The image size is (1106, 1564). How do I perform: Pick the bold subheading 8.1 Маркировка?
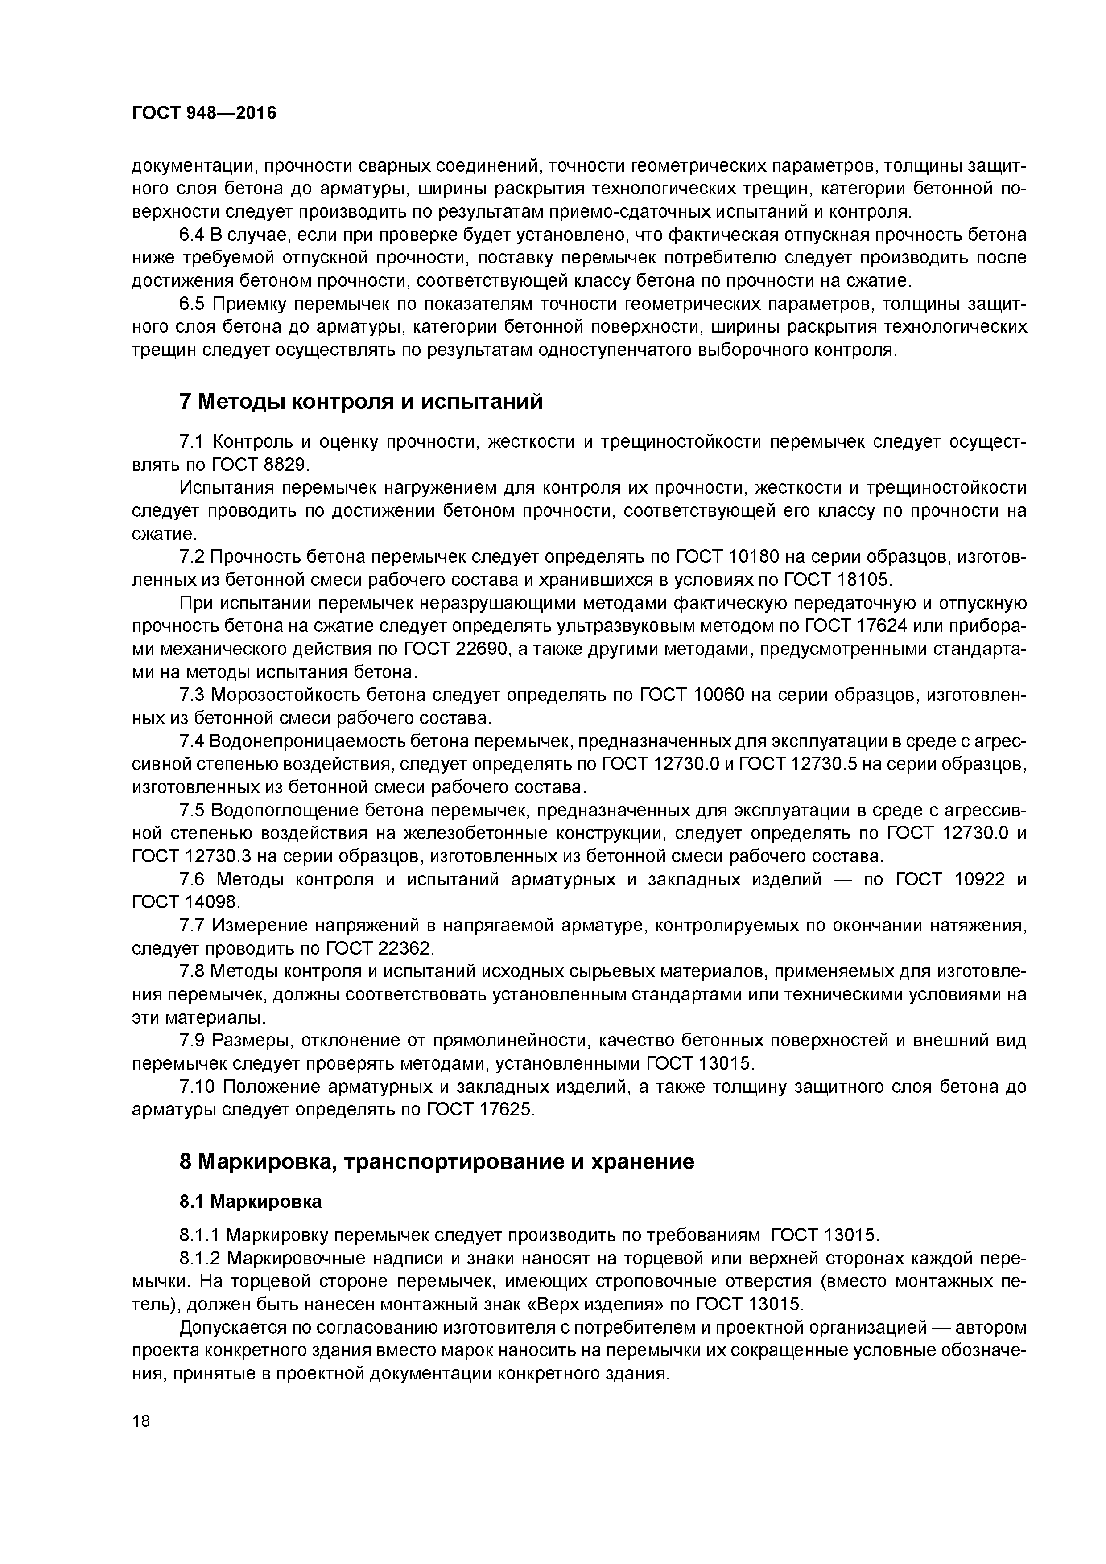pos(250,1202)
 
